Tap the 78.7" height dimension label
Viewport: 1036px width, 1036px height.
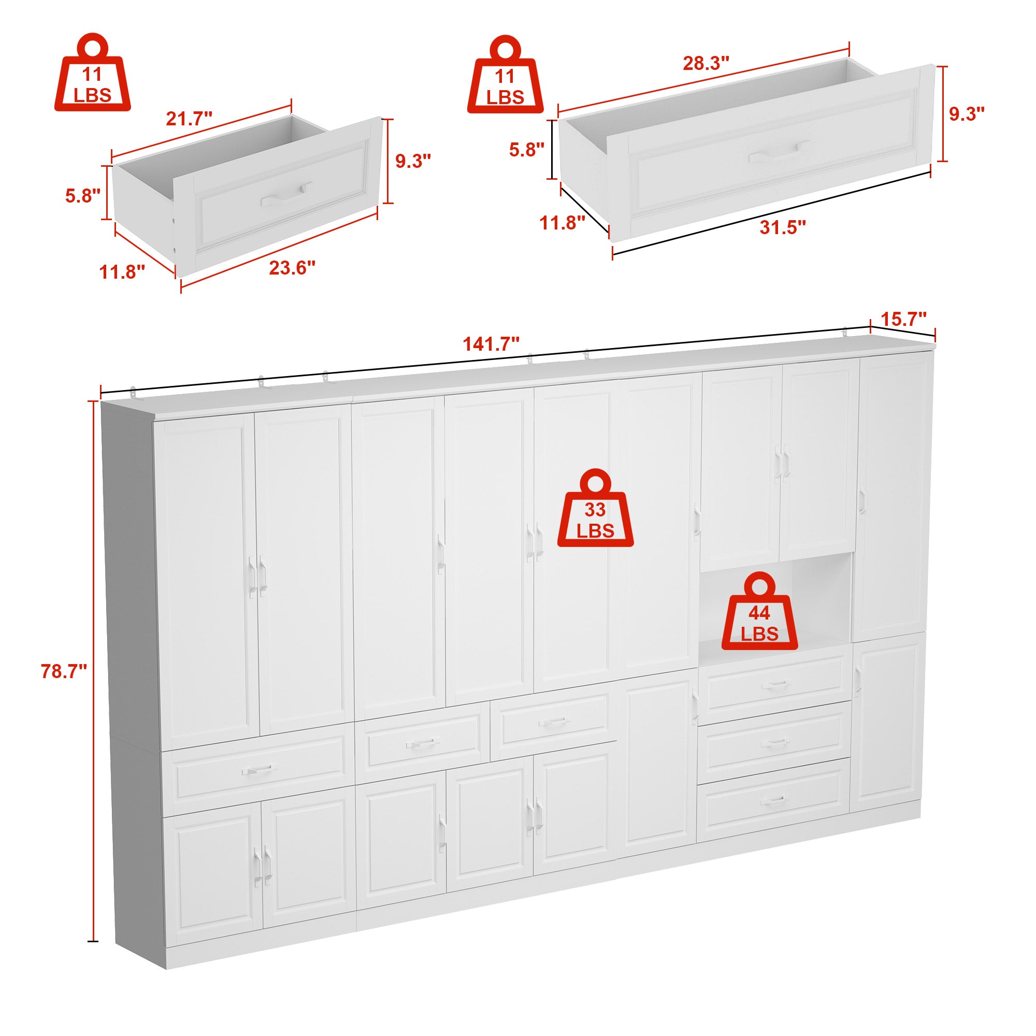64,671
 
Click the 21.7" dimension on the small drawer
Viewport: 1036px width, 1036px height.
189,118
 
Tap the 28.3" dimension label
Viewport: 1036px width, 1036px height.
706,63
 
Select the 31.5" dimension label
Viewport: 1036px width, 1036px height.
782,227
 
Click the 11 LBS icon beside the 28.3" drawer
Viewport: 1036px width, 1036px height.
505,75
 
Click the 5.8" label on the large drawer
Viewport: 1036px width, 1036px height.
527,149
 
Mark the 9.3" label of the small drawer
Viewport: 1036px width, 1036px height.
413,161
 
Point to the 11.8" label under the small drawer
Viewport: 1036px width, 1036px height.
122,272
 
